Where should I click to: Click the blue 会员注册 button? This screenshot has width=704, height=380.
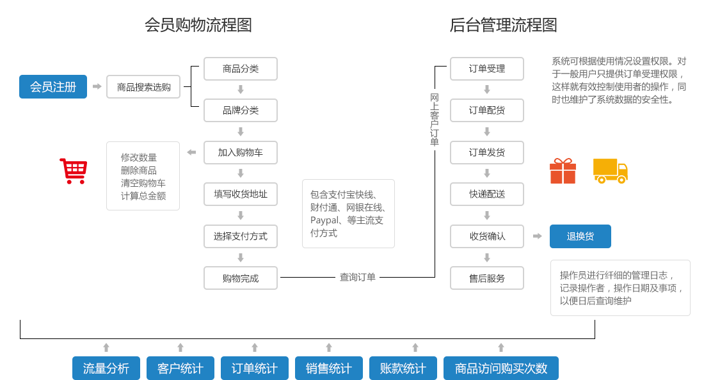coord(53,86)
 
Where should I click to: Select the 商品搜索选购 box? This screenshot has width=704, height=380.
coord(144,86)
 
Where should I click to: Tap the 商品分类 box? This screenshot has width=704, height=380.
coord(240,69)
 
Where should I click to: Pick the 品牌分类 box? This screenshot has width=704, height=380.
coord(240,110)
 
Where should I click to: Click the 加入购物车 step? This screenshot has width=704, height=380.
coord(240,152)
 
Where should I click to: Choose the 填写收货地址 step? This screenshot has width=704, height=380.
coord(240,194)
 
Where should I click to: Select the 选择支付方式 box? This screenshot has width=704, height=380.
coord(240,236)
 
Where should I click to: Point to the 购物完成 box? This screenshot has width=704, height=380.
coord(240,278)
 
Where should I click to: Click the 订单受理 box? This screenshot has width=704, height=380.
coord(486,69)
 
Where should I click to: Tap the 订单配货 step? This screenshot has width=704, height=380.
coord(486,110)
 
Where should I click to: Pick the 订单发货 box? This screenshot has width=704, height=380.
coord(486,152)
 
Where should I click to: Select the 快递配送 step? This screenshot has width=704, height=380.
coord(486,194)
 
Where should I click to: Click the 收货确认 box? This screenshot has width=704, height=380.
coord(486,236)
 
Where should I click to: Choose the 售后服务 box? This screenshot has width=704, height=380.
coord(486,278)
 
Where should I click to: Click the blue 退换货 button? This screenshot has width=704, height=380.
coord(580,236)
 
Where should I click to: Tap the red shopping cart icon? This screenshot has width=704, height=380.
coord(73,171)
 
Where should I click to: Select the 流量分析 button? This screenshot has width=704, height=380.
coord(106,368)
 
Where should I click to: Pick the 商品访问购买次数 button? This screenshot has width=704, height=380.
coord(500,368)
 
